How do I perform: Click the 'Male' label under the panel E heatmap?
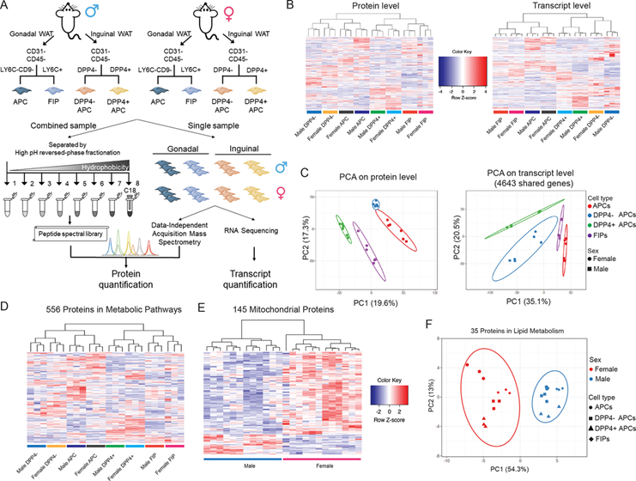point(240,455)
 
